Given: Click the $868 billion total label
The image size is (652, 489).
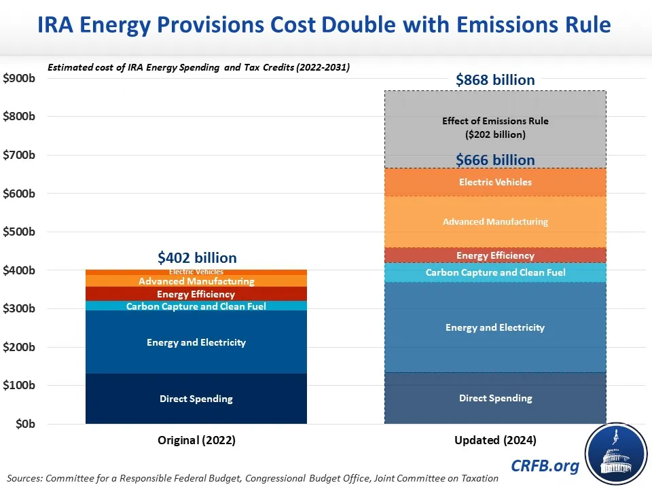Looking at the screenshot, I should coord(495,80).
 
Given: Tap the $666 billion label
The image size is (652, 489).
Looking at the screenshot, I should coord(495,160).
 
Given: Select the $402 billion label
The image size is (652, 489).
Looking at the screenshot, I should coord(197,258).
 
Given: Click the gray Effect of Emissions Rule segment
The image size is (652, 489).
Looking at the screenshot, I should coord(495,128).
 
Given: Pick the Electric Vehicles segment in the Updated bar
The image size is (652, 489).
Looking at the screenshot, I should coord(495,182).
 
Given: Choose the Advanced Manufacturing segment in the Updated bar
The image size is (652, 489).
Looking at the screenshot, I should coord(495,221).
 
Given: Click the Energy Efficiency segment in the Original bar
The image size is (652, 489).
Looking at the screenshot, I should coord(196,294).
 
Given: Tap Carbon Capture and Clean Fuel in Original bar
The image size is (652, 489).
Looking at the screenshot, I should coord(196,306).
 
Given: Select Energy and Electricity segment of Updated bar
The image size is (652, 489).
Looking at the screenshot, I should coord(495,327).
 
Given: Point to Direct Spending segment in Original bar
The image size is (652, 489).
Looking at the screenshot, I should coord(196,399).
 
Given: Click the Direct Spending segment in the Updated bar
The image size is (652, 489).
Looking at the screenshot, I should coord(495,398).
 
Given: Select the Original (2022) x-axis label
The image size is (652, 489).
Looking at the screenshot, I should coord(196,440).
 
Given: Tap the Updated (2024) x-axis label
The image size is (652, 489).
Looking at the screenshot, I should coord(495,440).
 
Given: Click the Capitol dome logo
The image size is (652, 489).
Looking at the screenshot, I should coord(615,452).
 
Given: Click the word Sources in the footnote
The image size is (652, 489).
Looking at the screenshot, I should coord(25,478).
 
